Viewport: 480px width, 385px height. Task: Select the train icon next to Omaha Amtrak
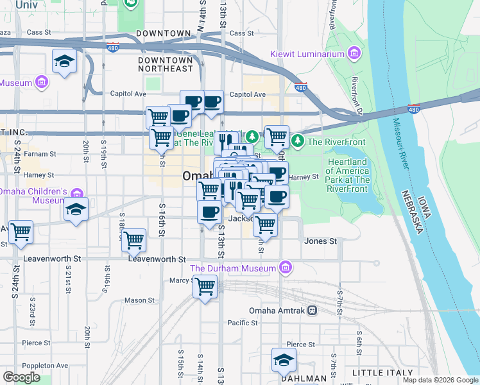click(312, 310)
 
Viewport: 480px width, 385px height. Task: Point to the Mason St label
click(139, 300)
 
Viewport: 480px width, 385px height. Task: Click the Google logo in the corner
click(21, 377)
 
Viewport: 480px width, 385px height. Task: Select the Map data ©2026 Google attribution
click(440, 380)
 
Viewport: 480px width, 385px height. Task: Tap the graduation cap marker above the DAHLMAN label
click(283, 361)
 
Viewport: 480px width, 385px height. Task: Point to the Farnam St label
click(40, 155)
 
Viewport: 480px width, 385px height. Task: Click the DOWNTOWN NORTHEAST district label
click(165, 64)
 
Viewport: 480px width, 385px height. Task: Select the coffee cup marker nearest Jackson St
click(209, 213)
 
